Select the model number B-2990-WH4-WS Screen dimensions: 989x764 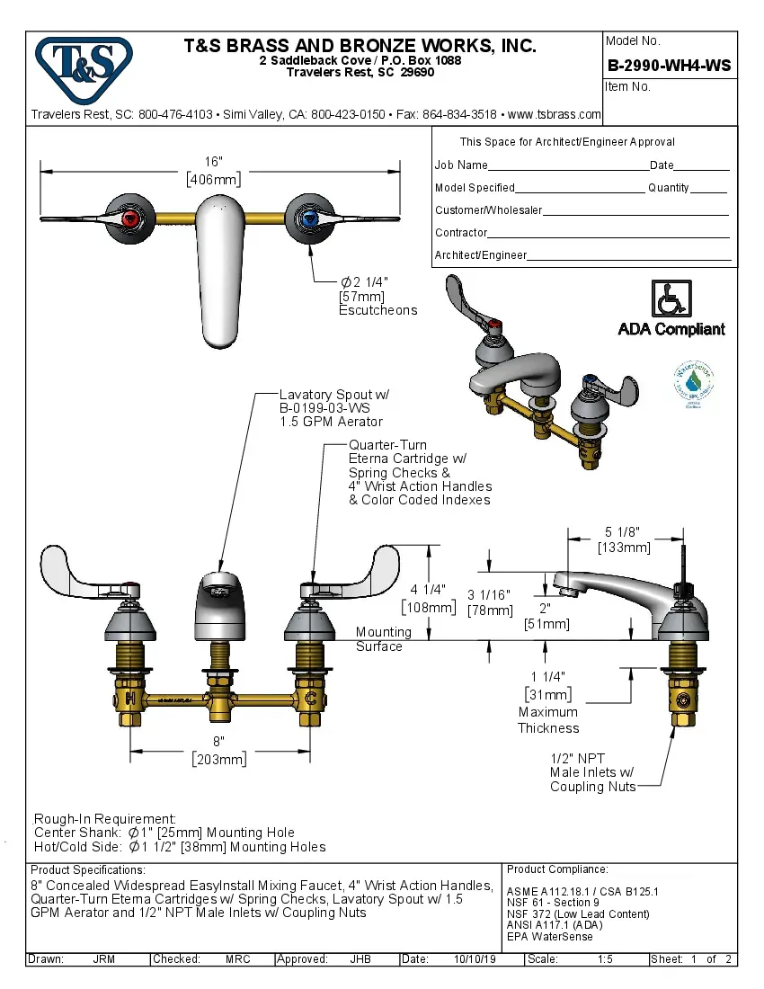pyautogui.click(x=669, y=65)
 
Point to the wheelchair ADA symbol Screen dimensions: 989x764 pyautogui.click(x=671, y=297)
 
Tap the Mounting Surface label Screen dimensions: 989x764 pyautogui.click(x=383, y=639)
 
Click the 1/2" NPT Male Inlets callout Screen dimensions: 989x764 pyautogui.click(x=591, y=771)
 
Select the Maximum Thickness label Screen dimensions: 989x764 pyautogui.click(x=548, y=720)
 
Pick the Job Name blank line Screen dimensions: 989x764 pyautogui.click(x=568, y=166)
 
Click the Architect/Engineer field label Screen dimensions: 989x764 pyautogui.click(x=481, y=255)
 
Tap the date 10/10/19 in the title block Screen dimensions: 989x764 pyautogui.click(x=475, y=959)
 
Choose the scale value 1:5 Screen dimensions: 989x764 pyautogui.click(x=606, y=959)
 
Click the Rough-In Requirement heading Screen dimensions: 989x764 pyautogui.click(x=104, y=818)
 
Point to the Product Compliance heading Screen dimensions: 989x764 pyautogui.click(x=557, y=869)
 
